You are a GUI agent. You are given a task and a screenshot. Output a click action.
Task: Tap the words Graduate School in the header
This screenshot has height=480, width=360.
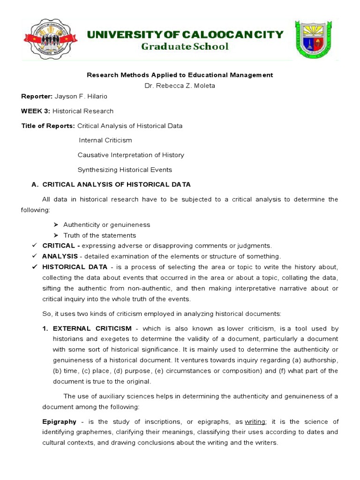click(185, 46)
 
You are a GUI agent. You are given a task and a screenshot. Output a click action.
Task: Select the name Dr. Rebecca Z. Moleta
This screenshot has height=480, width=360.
click(180, 85)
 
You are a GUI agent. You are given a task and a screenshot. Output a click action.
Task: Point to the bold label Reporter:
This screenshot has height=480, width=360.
click(37, 96)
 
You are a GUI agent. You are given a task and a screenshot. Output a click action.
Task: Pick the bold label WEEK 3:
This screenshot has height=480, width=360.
click(36, 111)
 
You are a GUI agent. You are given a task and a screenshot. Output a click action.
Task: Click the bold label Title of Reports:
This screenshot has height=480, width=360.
click(48, 126)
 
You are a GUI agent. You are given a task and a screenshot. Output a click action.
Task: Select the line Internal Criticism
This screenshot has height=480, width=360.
click(105, 140)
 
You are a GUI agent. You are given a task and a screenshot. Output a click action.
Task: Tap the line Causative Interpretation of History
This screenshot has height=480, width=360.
click(131, 155)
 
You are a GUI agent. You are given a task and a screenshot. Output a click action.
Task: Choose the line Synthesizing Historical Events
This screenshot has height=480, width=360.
click(125, 170)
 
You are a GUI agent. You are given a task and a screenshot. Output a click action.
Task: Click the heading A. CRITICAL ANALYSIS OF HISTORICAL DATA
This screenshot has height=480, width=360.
click(111, 185)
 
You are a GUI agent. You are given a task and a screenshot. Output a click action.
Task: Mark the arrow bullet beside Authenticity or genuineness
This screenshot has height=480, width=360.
click(56, 225)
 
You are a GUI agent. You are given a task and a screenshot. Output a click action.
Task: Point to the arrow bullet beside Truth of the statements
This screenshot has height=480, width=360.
click(56, 235)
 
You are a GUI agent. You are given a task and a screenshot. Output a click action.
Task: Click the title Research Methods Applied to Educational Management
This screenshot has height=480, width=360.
click(180, 75)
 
